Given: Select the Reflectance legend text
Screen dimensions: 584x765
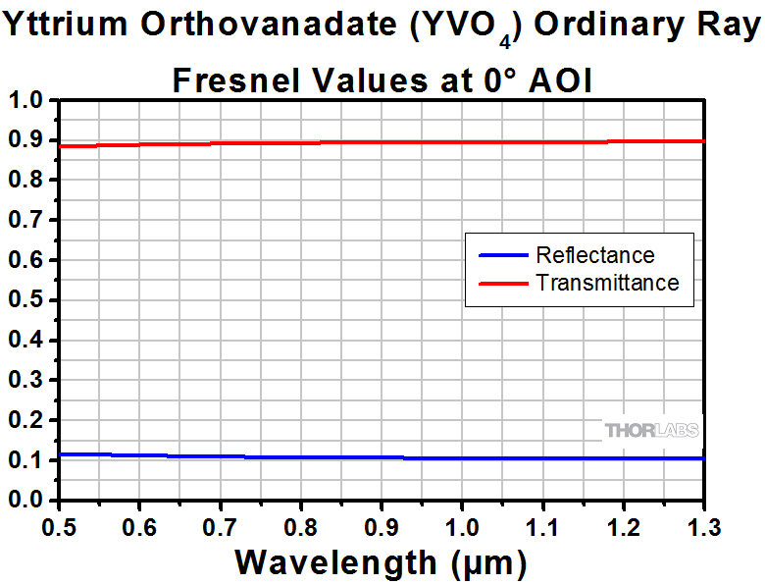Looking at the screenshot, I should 594,255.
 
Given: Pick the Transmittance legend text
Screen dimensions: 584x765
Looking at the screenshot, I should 607,283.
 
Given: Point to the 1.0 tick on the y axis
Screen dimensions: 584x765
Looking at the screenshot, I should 26,100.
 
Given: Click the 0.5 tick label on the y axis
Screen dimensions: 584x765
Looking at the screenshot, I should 26,300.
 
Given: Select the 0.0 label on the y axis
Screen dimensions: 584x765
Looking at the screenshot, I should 26,500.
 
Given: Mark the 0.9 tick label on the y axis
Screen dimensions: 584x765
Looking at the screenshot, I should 26,140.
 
